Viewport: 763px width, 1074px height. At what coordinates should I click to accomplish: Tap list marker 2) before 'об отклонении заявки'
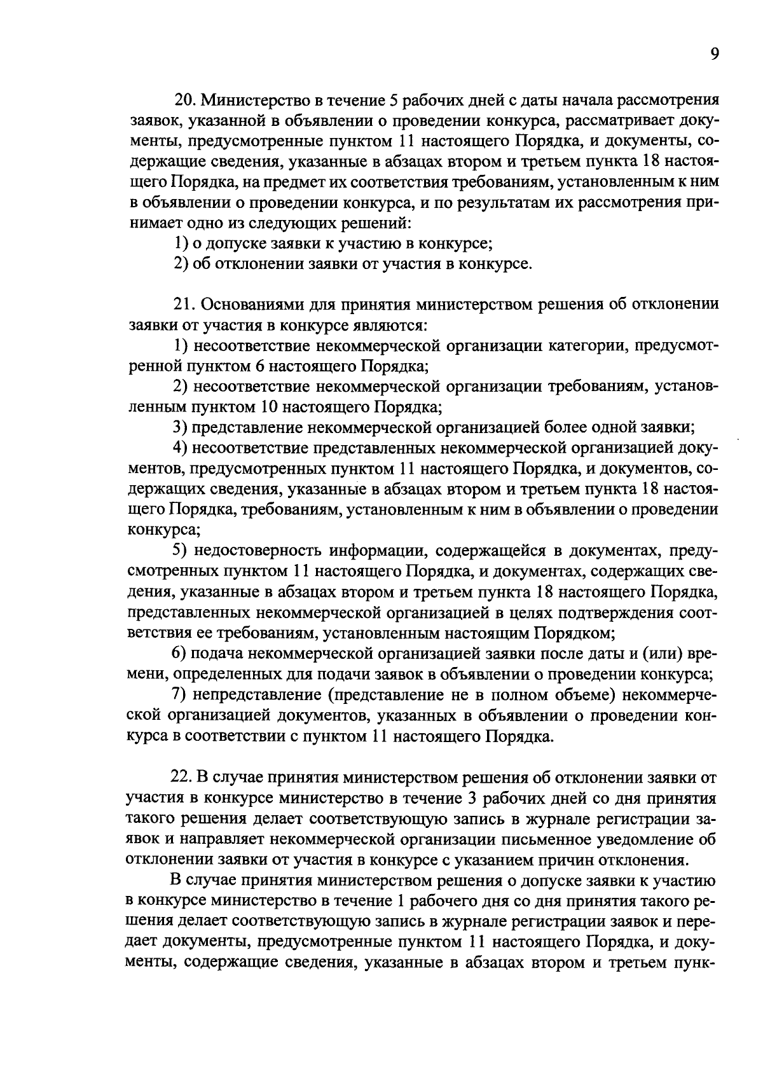click(180, 264)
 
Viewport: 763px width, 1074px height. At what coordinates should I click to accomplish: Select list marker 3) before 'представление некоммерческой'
click(180, 427)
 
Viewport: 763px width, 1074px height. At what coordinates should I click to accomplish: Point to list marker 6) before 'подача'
click(180, 654)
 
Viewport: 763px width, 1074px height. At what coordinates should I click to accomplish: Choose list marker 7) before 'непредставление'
click(180, 695)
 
